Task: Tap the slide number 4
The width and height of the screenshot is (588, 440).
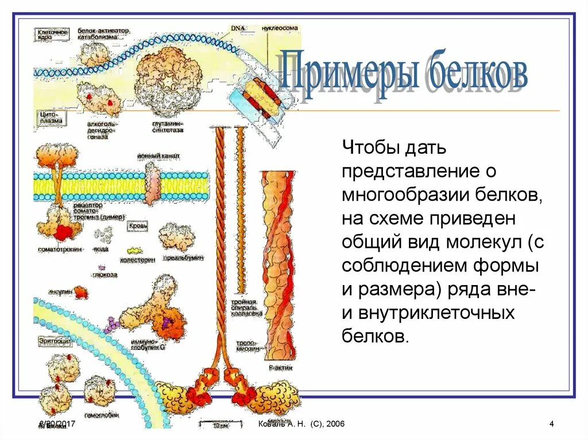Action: (x=551, y=424)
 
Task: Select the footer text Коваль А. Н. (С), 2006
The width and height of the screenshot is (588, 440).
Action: (x=301, y=424)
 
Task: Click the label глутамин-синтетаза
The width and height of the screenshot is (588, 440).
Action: (x=168, y=127)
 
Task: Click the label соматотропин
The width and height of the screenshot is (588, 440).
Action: (x=60, y=250)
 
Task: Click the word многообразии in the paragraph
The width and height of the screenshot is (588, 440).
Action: (x=403, y=196)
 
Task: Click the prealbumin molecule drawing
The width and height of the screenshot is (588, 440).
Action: (x=177, y=236)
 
